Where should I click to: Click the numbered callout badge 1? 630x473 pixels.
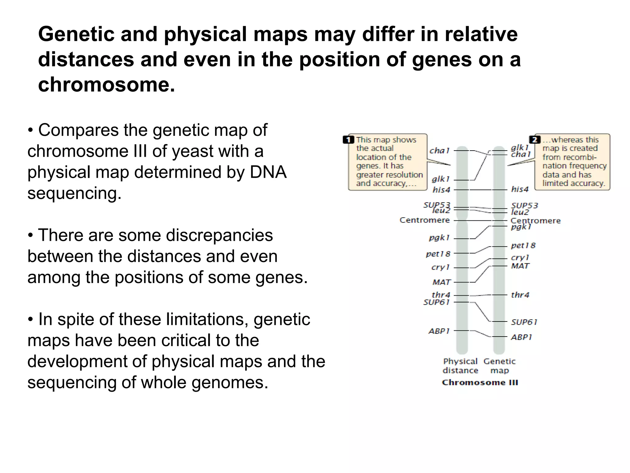click(x=348, y=140)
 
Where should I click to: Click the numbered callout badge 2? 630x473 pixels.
click(x=534, y=140)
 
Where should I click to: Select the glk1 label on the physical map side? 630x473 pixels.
click(x=441, y=179)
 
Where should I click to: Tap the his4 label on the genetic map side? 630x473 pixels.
click(x=520, y=189)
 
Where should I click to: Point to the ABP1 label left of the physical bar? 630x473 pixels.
click(x=439, y=331)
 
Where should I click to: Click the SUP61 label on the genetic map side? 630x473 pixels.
click(x=524, y=322)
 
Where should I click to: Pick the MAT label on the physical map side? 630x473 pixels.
click(x=441, y=282)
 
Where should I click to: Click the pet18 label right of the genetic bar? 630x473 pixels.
click(x=523, y=245)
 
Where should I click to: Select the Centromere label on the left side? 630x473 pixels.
click(x=425, y=220)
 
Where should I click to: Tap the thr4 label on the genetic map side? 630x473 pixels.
click(x=520, y=295)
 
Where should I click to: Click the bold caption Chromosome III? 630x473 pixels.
click(x=480, y=382)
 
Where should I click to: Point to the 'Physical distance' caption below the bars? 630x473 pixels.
click(x=460, y=366)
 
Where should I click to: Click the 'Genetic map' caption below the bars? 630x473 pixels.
click(x=499, y=366)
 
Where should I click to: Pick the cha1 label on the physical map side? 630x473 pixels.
click(x=439, y=151)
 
